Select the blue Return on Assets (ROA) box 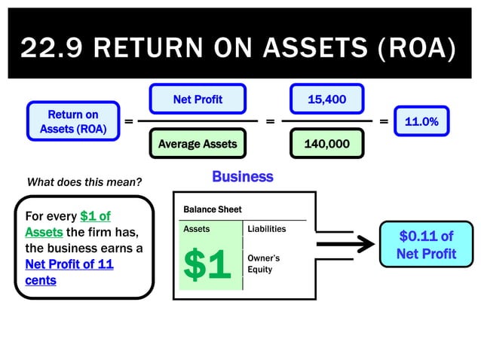pyautogui.click(x=73, y=122)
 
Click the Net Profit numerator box pyautogui.click(x=198, y=99)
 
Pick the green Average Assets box pyautogui.click(x=198, y=143)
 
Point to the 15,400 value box pyautogui.click(x=326, y=99)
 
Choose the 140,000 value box pyautogui.click(x=326, y=143)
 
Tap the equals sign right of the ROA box pyautogui.click(x=128, y=121)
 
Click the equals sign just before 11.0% pyautogui.click(x=384, y=121)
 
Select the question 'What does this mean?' pyautogui.click(x=84, y=182)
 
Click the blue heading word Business pyautogui.click(x=242, y=177)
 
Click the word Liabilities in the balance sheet pyautogui.click(x=266, y=228)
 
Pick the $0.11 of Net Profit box pyautogui.click(x=426, y=246)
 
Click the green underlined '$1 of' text pyautogui.click(x=95, y=217)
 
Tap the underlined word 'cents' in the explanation pyautogui.click(x=41, y=280)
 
